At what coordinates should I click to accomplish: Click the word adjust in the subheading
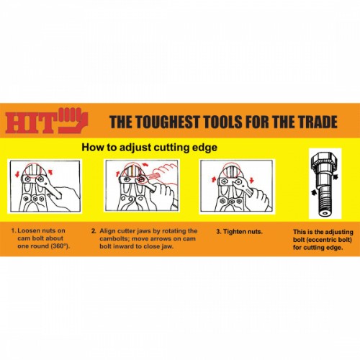click(135, 148)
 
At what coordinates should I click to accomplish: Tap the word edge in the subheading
click(203, 148)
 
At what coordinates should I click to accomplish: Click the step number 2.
click(94, 233)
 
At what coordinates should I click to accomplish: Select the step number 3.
click(219, 233)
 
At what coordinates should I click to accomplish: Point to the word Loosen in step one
click(32, 233)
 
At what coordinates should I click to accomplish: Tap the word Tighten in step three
click(238, 233)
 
